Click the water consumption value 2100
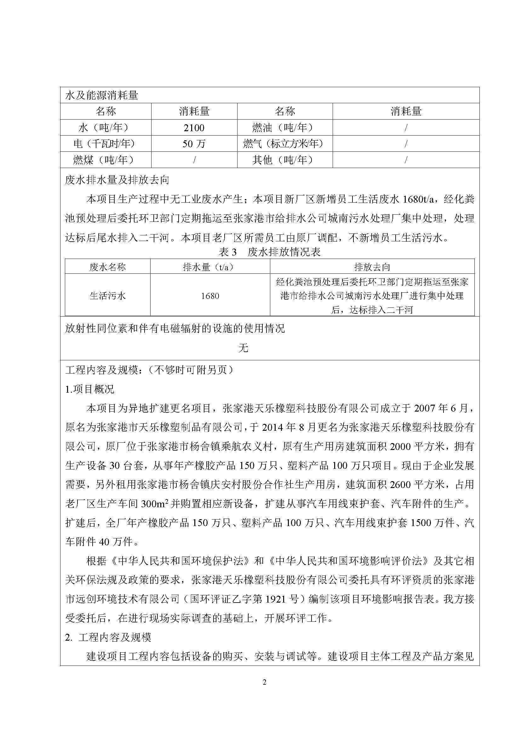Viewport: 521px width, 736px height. tap(194, 128)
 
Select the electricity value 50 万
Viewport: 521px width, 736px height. tap(194, 144)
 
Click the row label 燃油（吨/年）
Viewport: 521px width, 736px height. tap(284, 128)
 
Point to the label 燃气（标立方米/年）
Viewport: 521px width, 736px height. tap(284, 144)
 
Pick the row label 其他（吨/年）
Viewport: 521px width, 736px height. tap(284, 160)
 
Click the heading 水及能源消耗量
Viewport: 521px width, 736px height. tap(102, 95)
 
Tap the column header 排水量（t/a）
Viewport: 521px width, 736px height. tap(210, 267)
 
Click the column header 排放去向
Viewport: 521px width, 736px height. tap(372, 267)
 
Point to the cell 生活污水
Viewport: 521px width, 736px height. tap(107, 295)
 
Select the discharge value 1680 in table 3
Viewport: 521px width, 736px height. tap(210, 296)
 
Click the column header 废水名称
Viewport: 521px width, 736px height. tap(107, 267)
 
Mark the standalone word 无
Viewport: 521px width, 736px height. tap(243, 348)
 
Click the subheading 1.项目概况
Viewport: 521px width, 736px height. tap(89, 390)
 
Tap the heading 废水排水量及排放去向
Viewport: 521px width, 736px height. tap(117, 180)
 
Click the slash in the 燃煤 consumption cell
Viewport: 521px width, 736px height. tap(194, 160)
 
